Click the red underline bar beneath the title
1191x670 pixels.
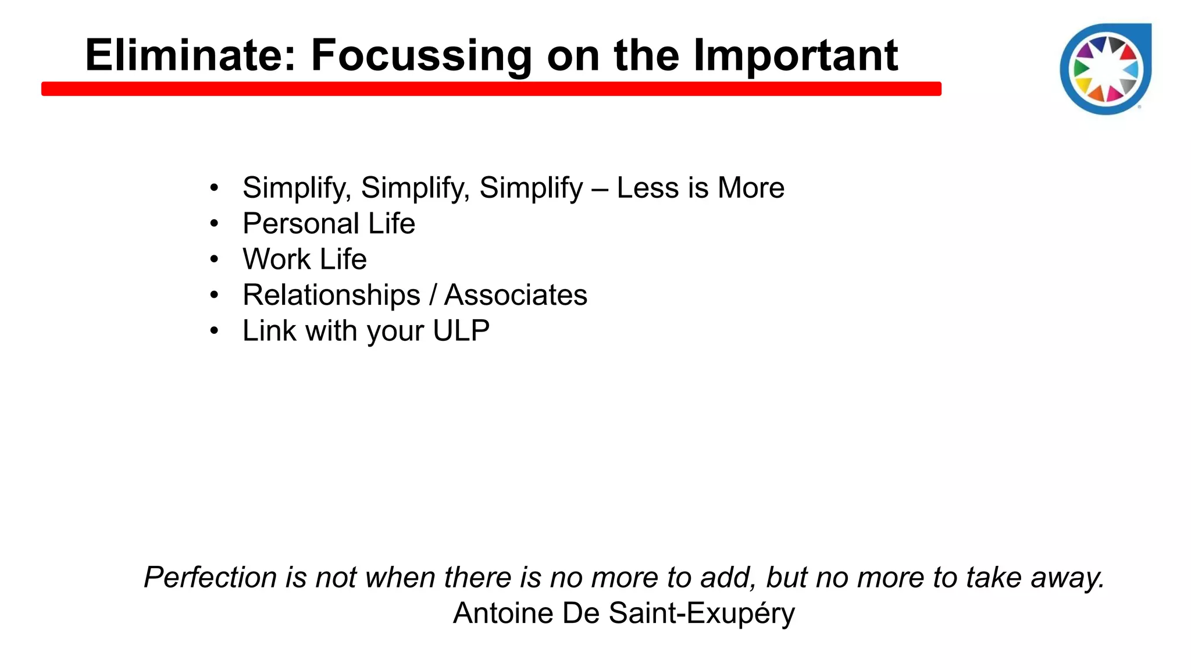click(491, 89)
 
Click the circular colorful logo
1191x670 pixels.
click(1106, 70)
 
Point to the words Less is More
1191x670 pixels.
click(700, 188)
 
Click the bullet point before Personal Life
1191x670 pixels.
click(215, 224)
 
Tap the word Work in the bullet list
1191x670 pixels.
click(276, 259)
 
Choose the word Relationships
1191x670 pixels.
click(331, 295)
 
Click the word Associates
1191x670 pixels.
click(516, 295)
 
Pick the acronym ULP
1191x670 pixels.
click(461, 331)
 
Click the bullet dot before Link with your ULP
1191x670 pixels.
click(215, 331)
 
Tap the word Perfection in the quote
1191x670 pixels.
click(210, 578)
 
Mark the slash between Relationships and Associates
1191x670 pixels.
click(432, 295)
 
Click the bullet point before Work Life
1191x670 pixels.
click(215, 259)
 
